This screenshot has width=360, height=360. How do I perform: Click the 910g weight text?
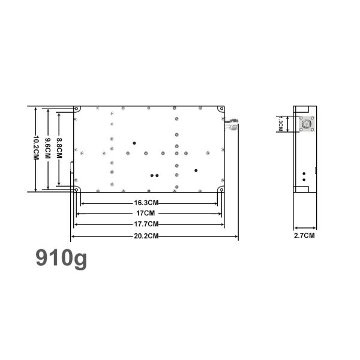(x=61, y=257)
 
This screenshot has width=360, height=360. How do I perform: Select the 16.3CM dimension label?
(x=146, y=203)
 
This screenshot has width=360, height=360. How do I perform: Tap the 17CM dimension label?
(x=146, y=213)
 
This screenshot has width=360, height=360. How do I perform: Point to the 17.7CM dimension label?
(x=146, y=224)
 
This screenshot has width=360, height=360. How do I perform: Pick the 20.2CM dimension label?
(x=146, y=236)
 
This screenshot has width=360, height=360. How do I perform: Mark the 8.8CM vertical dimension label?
(x=59, y=148)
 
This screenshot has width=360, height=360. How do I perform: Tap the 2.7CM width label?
(x=304, y=236)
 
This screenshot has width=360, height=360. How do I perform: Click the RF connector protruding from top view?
(x=232, y=124)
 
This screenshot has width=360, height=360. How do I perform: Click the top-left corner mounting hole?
(x=76, y=109)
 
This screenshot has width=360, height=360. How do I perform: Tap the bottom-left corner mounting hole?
(x=76, y=190)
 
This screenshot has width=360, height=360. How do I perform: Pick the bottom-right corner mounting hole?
(x=222, y=190)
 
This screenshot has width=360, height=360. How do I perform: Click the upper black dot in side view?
(x=304, y=173)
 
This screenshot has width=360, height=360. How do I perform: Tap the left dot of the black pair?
(x=152, y=176)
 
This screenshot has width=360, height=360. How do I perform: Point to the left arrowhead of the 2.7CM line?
(x=295, y=229)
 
